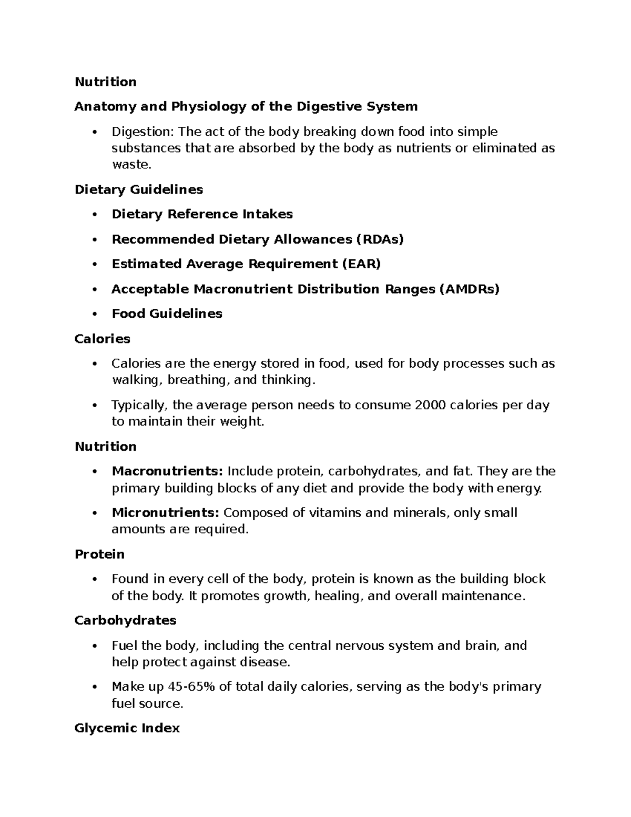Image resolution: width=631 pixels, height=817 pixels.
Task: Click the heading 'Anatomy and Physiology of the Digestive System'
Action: click(x=246, y=107)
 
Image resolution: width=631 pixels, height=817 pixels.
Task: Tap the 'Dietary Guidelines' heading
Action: click(x=139, y=189)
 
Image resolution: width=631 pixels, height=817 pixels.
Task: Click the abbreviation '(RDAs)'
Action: click(x=380, y=239)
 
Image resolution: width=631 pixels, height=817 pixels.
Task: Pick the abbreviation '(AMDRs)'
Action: click(x=469, y=289)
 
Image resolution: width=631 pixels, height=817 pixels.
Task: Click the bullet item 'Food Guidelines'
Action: click(x=167, y=314)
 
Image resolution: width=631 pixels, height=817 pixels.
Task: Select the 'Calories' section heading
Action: click(x=102, y=339)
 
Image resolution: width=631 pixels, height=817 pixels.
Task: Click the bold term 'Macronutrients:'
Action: click(x=167, y=471)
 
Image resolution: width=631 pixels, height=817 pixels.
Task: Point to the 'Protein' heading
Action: click(x=99, y=554)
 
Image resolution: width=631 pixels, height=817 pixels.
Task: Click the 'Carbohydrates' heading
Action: click(x=125, y=621)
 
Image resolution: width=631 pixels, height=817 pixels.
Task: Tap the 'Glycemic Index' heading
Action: click(x=127, y=728)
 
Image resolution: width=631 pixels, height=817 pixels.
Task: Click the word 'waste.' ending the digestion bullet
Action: click(x=131, y=165)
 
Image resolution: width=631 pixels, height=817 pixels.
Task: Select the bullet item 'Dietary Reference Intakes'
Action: click(x=202, y=214)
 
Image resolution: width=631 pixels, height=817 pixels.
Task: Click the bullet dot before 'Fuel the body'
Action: click(x=95, y=646)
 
